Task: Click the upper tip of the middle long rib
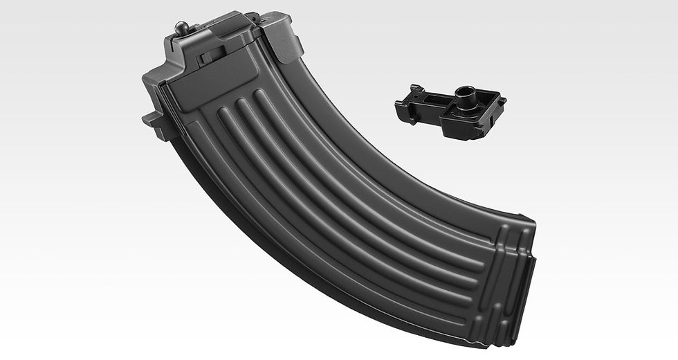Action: click(x=241, y=105)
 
